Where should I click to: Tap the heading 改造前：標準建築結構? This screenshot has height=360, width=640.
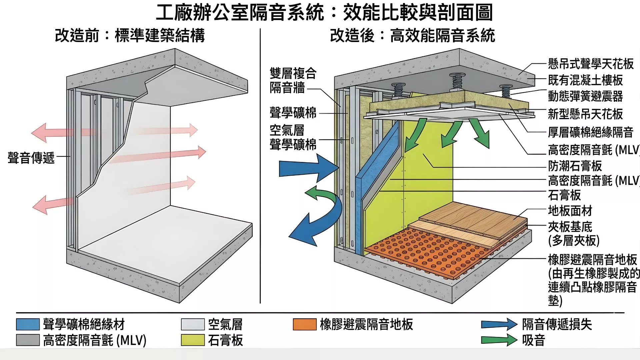tap(130, 35)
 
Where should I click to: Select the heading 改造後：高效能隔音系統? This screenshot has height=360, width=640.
tap(412, 35)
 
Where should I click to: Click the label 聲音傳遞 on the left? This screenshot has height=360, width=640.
tap(31, 158)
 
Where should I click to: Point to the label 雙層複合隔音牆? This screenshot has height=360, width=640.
tap(293, 80)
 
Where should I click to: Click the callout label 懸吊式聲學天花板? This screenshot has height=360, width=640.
tap(591, 64)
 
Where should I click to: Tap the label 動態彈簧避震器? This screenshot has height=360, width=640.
tap(585, 96)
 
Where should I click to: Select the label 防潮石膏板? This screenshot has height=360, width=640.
tap(575, 166)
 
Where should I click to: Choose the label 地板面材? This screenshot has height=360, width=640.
tap(570, 211)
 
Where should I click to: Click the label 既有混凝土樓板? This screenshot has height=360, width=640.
tap(585, 80)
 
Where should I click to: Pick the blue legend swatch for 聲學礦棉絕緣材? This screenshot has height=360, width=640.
tap(28, 324)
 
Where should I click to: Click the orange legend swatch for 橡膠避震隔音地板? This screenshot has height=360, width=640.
tap(304, 324)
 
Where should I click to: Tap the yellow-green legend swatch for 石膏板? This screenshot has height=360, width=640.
tap(193, 340)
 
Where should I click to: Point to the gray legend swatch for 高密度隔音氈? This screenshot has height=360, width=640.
tap(28, 340)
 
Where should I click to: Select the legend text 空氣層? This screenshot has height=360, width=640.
tap(225, 324)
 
